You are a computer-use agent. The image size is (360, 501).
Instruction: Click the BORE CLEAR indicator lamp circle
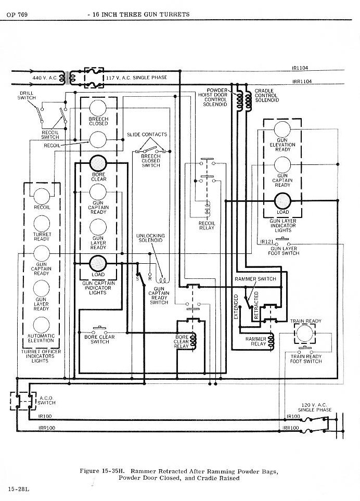pyautogui.click(x=98, y=163)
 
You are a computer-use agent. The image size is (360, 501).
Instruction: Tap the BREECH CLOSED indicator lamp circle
pyautogui.click(x=98, y=108)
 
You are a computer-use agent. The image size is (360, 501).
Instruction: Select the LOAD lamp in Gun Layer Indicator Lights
pyautogui.click(x=282, y=201)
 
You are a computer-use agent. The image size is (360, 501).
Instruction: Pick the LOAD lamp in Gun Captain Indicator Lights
pyautogui.click(x=98, y=263)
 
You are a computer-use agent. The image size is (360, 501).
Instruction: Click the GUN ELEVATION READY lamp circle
pyautogui.click(x=282, y=130)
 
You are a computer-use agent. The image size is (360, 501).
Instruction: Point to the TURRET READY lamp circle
pyautogui.click(x=42, y=224)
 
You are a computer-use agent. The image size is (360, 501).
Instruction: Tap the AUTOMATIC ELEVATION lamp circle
pyautogui.click(x=42, y=325)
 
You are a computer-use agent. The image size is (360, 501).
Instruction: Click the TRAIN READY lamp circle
pyautogui.click(x=305, y=333)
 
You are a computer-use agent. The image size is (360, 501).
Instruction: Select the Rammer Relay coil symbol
pyautogui.click(x=272, y=342)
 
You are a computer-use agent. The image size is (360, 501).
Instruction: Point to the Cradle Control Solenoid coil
pyautogui.click(x=248, y=101)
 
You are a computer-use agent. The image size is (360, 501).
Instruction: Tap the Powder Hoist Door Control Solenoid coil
pyautogui.click(x=239, y=101)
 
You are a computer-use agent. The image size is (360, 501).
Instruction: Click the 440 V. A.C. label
pyautogui.click(x=45, y=78)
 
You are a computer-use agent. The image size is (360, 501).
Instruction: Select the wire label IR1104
pyautogui.click(x=300, y=68)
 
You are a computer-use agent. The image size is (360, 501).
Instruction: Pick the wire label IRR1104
pyautogui.click(x=302, y=82)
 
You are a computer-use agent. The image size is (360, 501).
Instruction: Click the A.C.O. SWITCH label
pyautogui.click(x=46, y=401)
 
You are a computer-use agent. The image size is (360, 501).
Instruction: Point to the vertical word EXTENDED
pyautogui.click(x=236, y=307)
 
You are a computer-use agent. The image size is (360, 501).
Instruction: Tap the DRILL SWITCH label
pyautogui.click(x=27, y=96)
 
